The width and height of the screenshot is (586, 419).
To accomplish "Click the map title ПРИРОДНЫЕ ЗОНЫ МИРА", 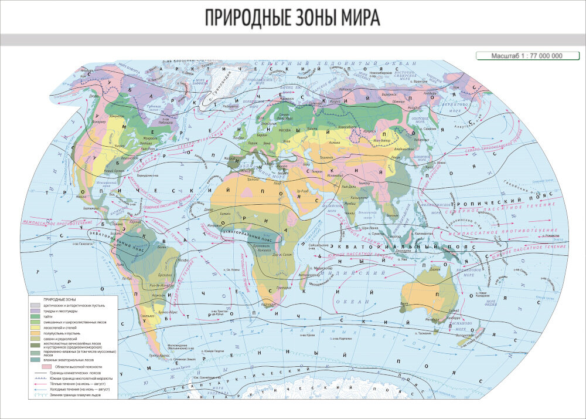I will [x=292, y=18].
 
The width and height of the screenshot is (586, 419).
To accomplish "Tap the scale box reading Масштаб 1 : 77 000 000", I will [x=519, y=56].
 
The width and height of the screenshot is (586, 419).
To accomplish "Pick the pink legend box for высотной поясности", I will [x=46, y=366].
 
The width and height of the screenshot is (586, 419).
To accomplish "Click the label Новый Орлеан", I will [x=113, y=171].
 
